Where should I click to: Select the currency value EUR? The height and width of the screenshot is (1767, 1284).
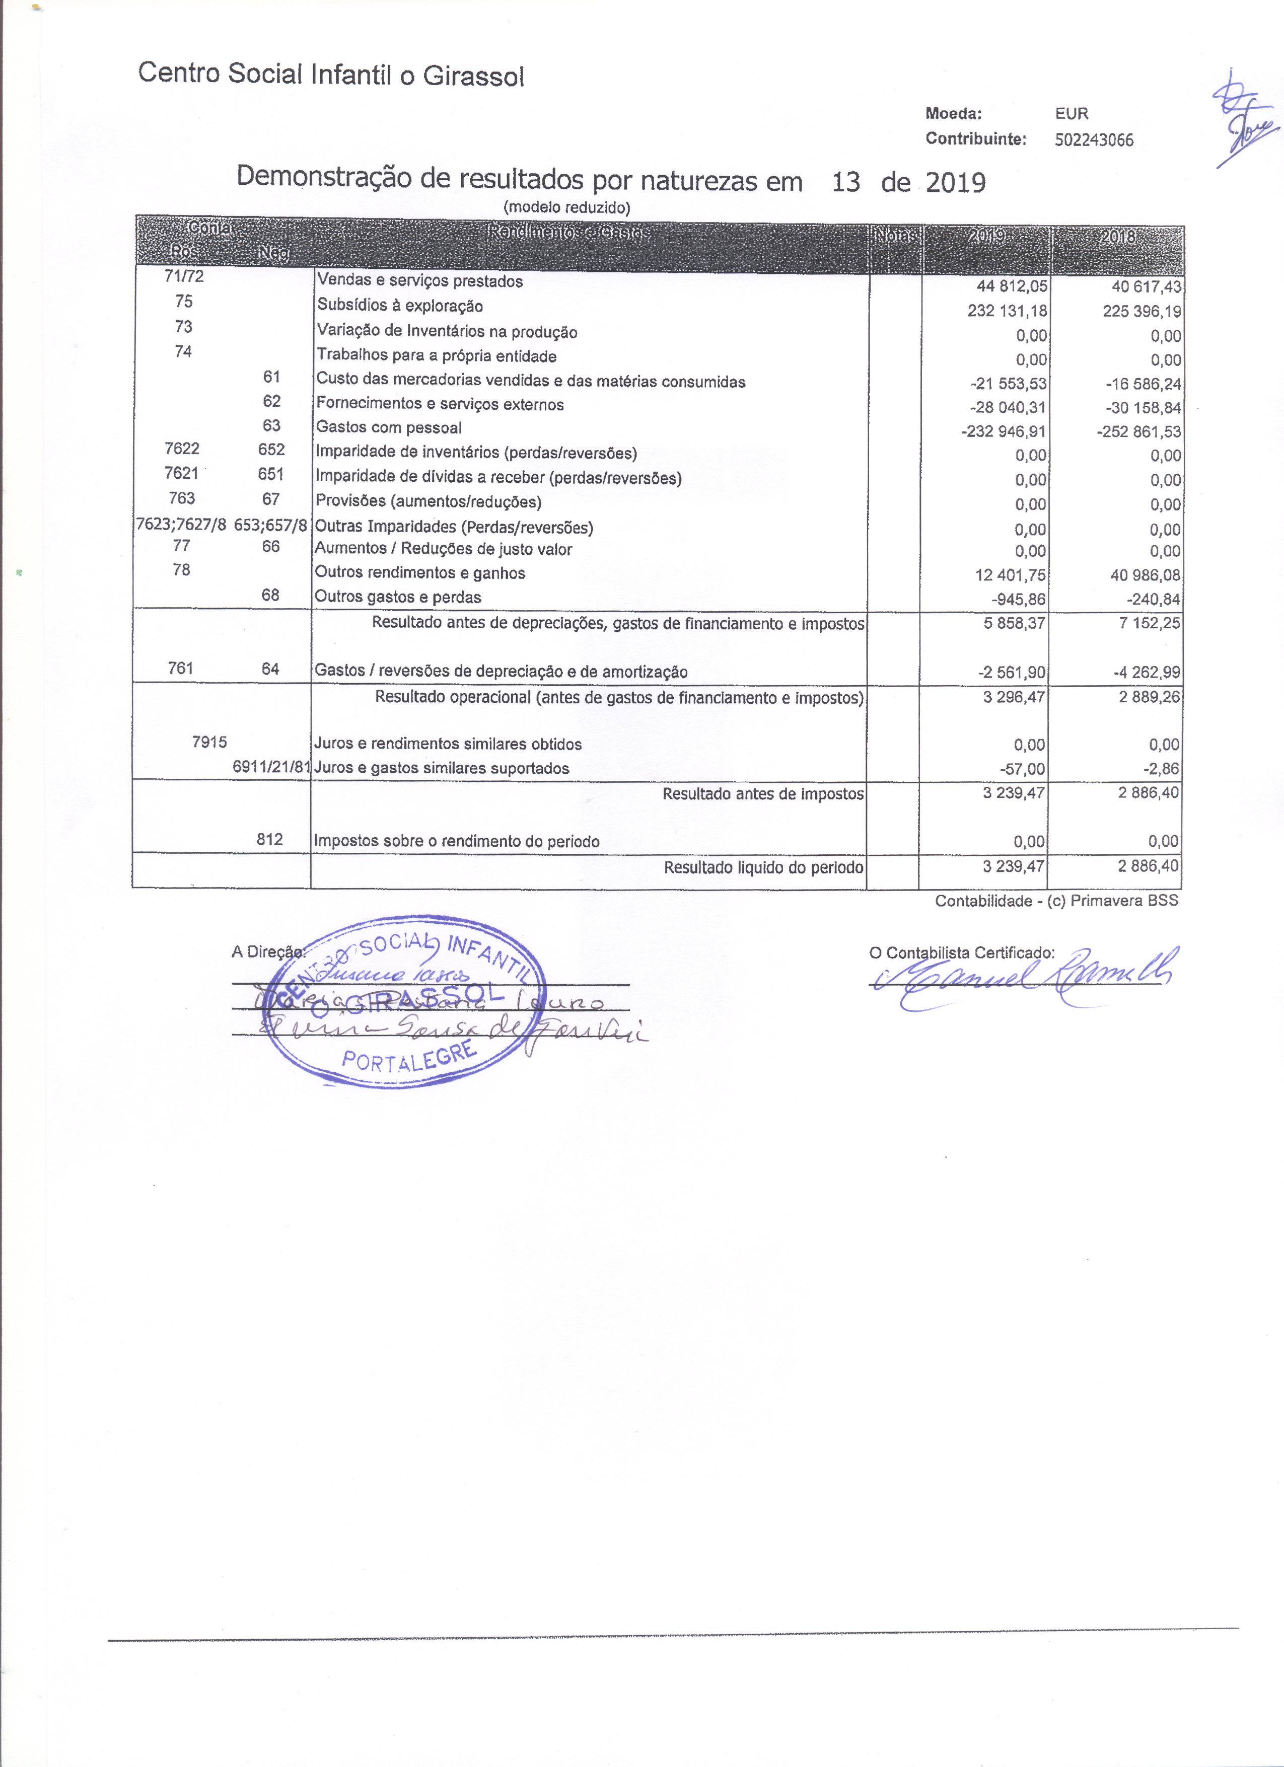tap(1072, 114)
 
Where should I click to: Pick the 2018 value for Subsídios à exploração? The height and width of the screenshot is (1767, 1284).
tap(1142, 312)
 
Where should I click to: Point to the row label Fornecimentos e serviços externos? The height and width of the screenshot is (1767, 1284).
tap(440, 404)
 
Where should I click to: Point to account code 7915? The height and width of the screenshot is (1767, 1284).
tap(209, 743)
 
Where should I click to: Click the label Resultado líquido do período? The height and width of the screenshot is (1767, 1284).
tap(763, 867)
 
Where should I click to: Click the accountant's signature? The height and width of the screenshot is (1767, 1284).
tap(1028, 976)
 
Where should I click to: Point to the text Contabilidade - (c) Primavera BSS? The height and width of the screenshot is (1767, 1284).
tap(1056, 901)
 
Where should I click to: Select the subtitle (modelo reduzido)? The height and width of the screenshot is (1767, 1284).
tap(566, 207)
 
